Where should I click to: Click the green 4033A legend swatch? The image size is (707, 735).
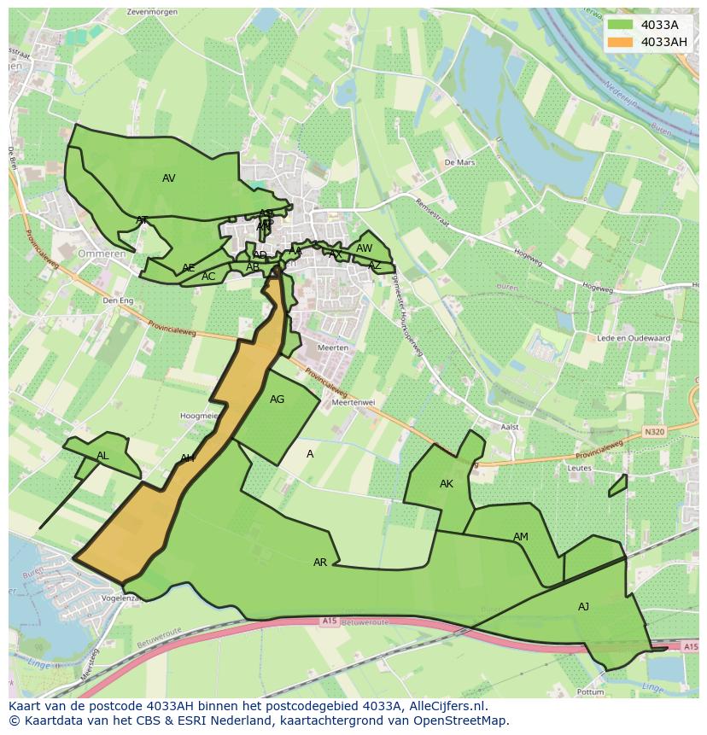[621, 25]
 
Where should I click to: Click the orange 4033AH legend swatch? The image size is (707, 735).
[621, 42]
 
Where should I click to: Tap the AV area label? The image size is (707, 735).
[169, 178]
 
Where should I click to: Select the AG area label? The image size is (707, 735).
[277, 400]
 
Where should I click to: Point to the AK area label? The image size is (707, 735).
[447, 484]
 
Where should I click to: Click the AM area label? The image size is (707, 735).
[521, 537]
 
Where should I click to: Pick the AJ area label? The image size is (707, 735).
[583, 607]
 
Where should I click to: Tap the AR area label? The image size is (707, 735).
[320, 563]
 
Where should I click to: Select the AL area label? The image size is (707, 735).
[102, 456]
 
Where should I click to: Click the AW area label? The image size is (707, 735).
[365, 248]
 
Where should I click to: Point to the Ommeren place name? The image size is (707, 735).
[102, 254]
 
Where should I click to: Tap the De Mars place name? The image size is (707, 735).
[459, 161]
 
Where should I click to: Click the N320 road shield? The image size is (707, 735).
[655, 432]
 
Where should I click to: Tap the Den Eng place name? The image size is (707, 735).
[118, 300]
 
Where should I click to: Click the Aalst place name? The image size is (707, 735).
[510, 427]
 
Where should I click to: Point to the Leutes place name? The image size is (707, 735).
[579, 468]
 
